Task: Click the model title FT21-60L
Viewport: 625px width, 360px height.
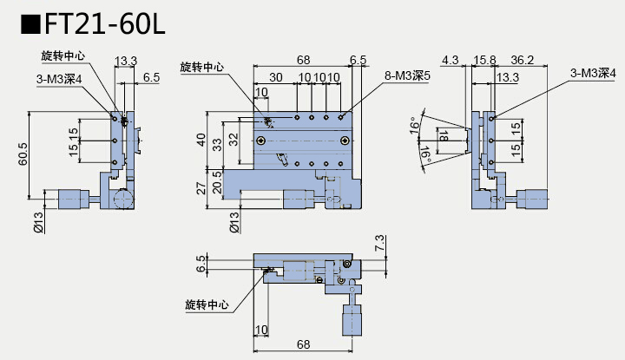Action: pyautogui.click(x=96, y=24)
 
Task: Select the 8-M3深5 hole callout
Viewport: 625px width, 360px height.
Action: pyautogui.click(x=408, y=76)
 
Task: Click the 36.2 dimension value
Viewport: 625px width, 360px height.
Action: pyautogui.click(x=523, y=60)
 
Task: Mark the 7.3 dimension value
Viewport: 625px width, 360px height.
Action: pyautogui.click(x=379, y=244)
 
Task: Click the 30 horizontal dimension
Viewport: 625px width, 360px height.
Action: pyautogui.click(x=275, y=77)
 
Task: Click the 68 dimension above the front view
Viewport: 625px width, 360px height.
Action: pyautogui.click(x=303, y=60)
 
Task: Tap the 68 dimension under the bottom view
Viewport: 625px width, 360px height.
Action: pyautogui.click(x=303, y=344)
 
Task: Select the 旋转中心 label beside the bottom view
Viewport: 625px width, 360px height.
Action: pyautogui.click(x=207, y=304)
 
